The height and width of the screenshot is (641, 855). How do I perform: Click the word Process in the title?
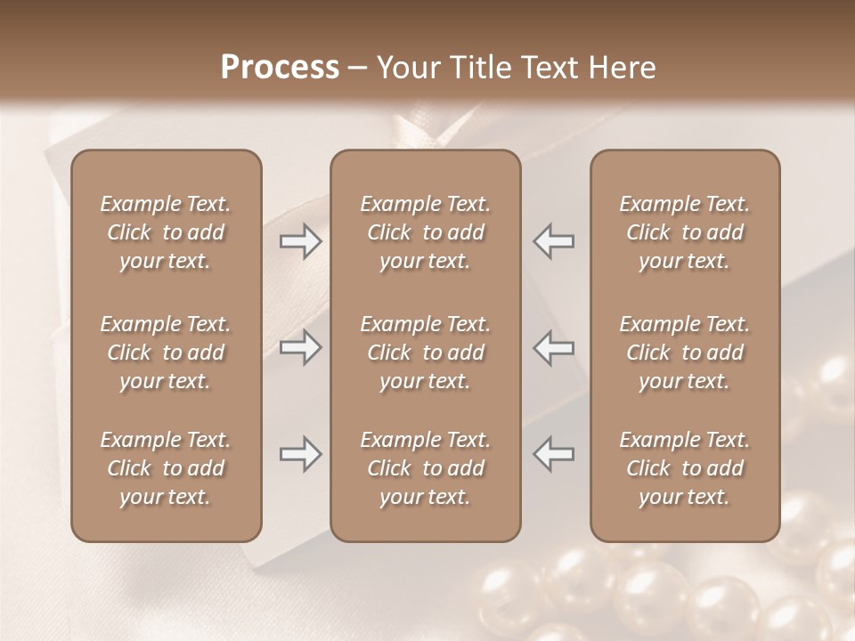point(280,67)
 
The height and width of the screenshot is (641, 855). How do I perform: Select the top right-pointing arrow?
point(300,241)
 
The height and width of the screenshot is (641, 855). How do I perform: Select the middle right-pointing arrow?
point(300,347)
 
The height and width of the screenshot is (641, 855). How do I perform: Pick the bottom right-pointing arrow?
point(300,454)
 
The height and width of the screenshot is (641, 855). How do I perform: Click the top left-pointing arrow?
point(553,241)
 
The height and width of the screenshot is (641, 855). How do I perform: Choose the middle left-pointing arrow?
point(553,347)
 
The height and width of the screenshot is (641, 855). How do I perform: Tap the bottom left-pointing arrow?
point(553,454)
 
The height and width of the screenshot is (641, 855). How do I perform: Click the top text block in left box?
point(166,232)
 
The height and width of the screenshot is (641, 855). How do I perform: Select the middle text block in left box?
point(166,353)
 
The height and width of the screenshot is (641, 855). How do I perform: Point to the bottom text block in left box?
point(166,468)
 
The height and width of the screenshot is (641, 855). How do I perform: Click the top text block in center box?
point(425,232)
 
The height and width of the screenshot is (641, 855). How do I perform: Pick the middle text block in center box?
point(425,353)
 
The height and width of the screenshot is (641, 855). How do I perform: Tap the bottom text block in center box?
point(425,468)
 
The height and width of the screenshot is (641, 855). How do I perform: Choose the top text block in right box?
point(685,232)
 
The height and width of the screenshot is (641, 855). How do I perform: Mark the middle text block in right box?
point(685,353)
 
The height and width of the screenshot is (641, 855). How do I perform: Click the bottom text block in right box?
point(685,468)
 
